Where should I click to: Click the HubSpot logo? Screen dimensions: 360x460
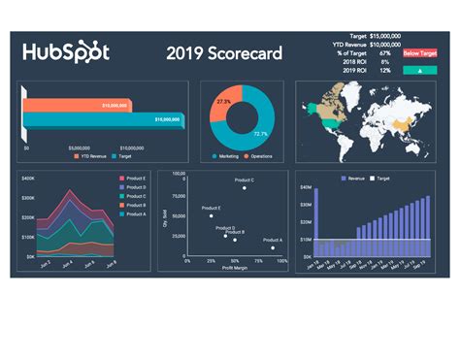coord(66,52)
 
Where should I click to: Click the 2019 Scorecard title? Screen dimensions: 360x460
coord(223,52)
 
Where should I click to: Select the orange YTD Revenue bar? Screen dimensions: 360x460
coord(85,104)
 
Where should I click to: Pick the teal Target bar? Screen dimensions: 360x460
coord(97,118)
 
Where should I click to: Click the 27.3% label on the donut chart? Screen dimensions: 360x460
coord(224,101)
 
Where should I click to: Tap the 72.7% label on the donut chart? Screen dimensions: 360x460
coord(261,134)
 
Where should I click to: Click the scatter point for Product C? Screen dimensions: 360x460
coord(244,188)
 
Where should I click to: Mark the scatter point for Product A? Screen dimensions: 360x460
coord(273,247)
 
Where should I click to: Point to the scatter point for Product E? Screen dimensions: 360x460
coord(211,215)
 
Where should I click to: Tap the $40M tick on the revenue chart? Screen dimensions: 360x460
coord(306,186)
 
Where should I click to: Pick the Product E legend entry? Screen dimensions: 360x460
coord(136,179)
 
